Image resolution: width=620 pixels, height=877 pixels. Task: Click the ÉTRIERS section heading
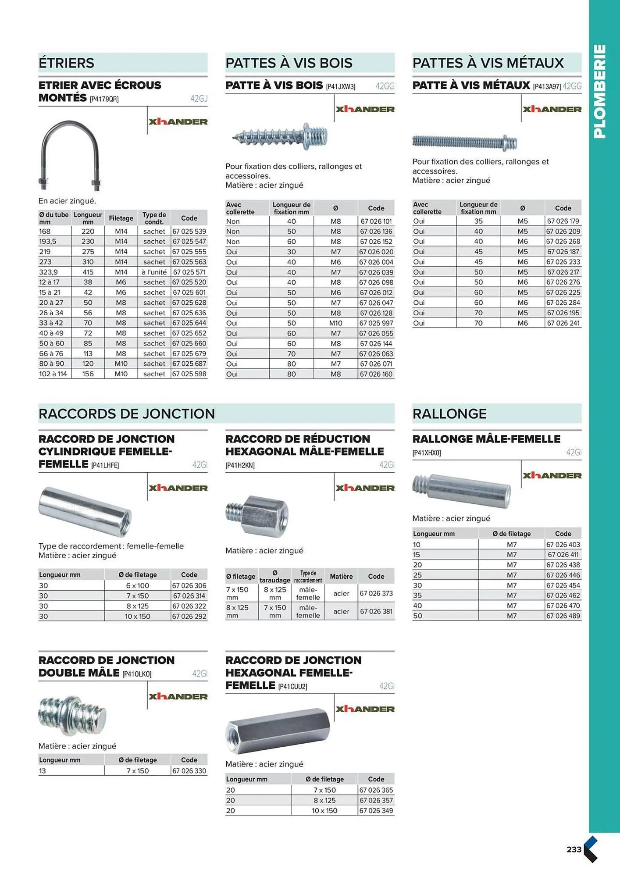click(x=66, y=63)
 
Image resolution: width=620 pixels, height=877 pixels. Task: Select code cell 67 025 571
click(x=189, y=272)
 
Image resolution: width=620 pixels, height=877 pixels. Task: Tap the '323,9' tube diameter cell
click(x=49, y=272)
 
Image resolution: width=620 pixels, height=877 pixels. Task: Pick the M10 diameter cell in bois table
click(x=335, y=323)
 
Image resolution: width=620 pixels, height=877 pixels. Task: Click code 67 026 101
click(x=376, y=221)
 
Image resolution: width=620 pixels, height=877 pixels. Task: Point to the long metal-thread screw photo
click(x=464, y=142)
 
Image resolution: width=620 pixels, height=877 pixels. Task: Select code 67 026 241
click(x=563, y=323)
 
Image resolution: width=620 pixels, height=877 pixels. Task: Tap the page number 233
click(x=574, y=849)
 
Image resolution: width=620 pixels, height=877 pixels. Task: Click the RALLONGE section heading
click(x=449, y=414)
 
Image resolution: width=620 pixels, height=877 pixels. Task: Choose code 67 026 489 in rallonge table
click(x=563, y=616)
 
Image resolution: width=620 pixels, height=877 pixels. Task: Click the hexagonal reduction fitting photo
click(x=257, y=516)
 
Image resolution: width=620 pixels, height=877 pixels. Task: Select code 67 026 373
click(x=376, y=593)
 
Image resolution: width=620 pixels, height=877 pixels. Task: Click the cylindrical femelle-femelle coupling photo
click(x=85, y=511)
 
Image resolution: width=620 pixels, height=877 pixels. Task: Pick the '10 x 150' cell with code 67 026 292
click(x=137, y=617)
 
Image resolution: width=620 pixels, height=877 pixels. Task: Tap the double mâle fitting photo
click(x=72, y=715)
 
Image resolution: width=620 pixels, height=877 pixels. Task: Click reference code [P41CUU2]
click(x=292, y=687)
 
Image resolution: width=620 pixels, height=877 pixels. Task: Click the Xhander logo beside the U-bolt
click(x=178, y=122)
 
